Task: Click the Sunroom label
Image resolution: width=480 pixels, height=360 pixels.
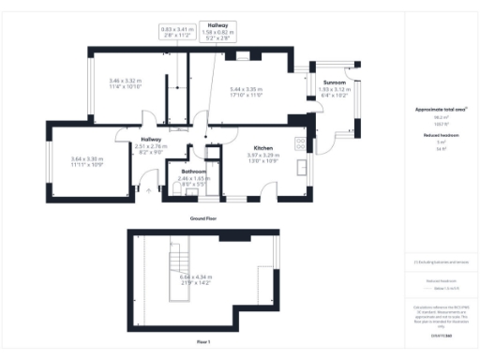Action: (335, 82)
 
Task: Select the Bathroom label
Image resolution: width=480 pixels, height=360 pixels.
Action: (194, 172)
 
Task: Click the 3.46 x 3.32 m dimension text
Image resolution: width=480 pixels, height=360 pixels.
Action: (125, 83)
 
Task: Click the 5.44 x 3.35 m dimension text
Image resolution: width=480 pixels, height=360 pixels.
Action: (246, 90)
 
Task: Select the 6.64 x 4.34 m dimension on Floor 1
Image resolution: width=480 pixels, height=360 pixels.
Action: (197, 277)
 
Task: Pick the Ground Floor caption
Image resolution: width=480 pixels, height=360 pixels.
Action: (203, 217)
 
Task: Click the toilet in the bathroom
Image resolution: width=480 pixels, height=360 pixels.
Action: (178, 187)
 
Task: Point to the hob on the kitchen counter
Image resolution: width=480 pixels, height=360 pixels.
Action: (298, 143)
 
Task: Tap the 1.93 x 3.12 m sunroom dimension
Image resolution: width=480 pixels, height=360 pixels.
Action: (335, 90)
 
